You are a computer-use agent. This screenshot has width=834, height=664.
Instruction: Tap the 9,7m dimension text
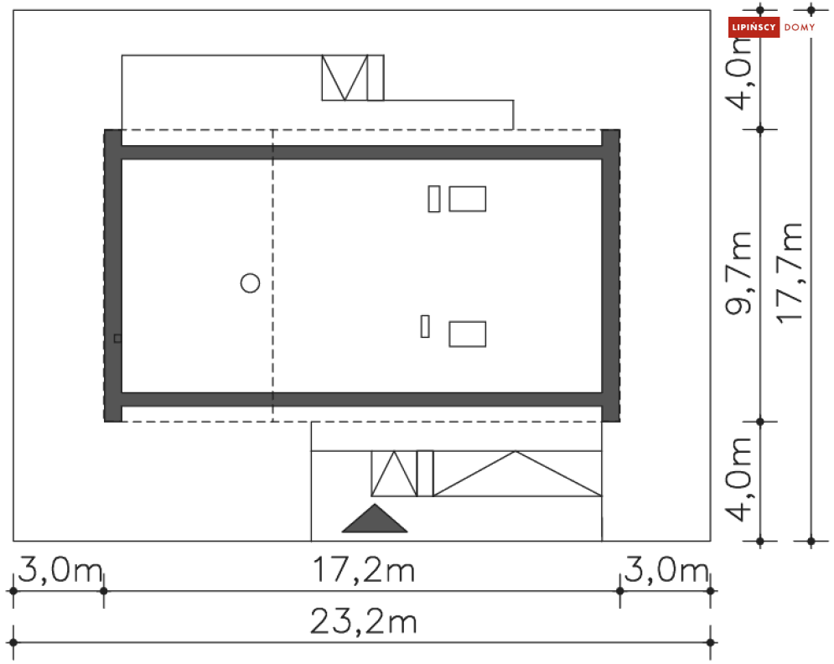coord(738,273)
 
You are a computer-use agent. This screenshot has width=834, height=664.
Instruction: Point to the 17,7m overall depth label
coord(790,272)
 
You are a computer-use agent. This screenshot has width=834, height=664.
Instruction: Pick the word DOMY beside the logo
coord(799,28)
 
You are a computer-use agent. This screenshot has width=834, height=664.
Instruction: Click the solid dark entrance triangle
coord(374,521)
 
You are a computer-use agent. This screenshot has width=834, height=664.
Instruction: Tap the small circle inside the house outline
coord(250,283)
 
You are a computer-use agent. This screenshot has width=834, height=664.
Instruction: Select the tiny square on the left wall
coord(117,338)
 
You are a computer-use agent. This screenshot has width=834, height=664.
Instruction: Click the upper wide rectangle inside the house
coord(467,200)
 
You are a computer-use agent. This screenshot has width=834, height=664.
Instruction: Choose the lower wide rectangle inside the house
coord(467,334)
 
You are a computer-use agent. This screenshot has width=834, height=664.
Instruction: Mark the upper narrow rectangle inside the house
coord(433,200)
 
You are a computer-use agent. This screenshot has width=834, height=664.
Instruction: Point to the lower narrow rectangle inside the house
coord(425,325)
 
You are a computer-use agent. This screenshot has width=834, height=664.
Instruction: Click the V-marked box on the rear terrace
coord(344,78)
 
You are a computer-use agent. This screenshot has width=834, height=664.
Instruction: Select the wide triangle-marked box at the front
coord(517,474)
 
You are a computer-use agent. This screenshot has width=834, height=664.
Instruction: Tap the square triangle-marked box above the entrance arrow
coord(394,474)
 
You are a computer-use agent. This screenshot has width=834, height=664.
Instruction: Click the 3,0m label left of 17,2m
coord(57,571)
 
